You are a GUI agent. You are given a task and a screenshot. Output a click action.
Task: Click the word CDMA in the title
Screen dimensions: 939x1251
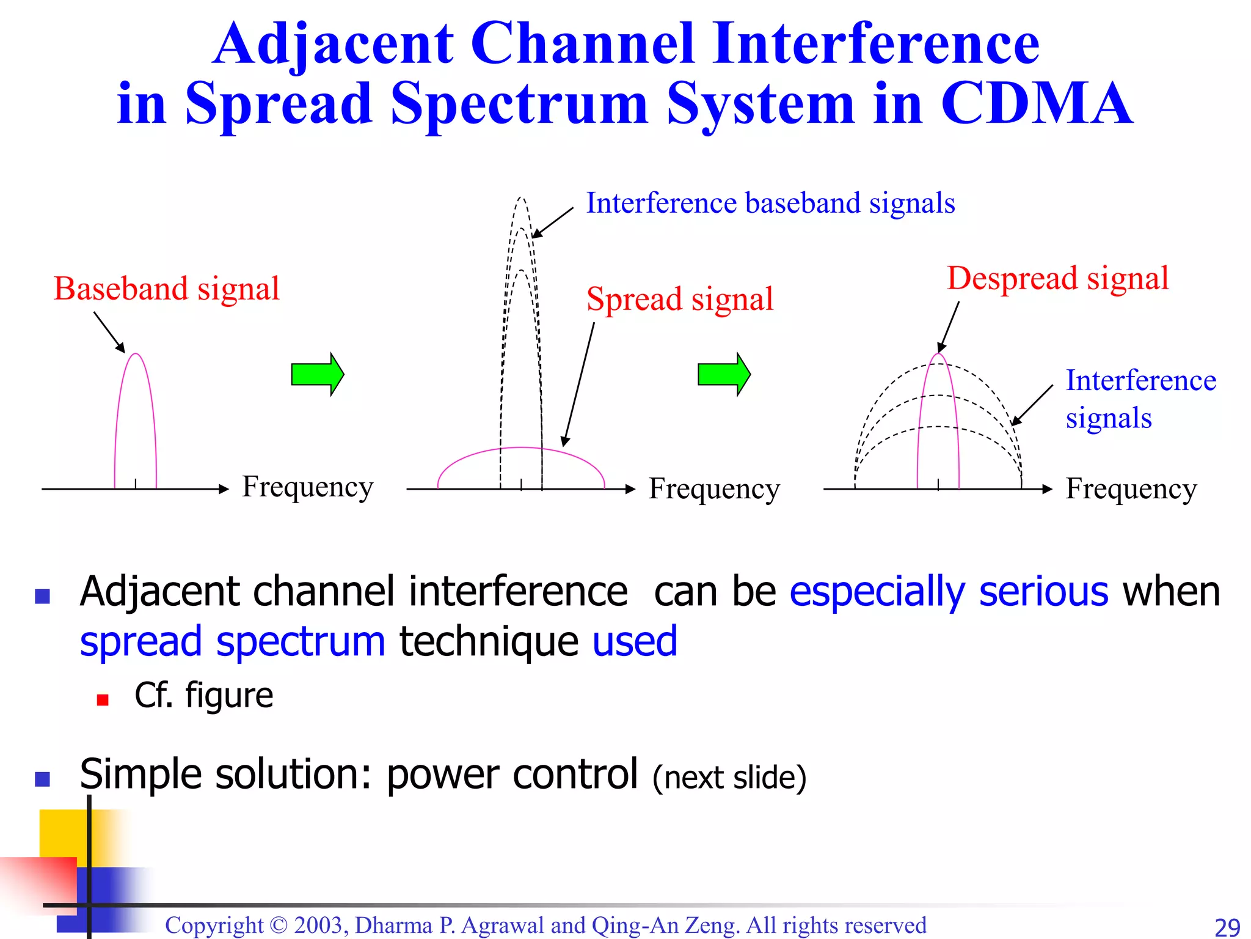(1037, 104)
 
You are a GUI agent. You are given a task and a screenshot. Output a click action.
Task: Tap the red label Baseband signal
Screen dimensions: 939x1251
(166, 289)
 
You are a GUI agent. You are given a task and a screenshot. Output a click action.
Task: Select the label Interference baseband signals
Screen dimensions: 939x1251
(770, 203)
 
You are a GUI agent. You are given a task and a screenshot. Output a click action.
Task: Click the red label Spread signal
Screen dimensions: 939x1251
(679, 300)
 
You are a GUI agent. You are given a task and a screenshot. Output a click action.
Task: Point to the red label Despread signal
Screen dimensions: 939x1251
(1057, 279)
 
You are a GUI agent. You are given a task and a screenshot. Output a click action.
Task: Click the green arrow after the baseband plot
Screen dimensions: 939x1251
(318, 374)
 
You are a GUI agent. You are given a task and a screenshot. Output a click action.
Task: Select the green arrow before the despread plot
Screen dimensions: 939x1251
(724, 374)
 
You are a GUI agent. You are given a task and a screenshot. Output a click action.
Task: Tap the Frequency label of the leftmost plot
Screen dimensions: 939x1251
(307, 487)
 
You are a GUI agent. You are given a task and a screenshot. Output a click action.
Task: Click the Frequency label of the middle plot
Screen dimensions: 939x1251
(714, 489)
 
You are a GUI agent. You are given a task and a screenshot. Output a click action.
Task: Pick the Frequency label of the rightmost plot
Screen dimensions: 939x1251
(1131, 489)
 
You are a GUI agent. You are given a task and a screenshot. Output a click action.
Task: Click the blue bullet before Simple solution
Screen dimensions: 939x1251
(42, 779)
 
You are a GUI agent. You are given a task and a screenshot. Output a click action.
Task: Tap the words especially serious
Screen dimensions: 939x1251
(949, 592)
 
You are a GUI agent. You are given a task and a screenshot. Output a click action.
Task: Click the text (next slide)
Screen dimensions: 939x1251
(729, 778)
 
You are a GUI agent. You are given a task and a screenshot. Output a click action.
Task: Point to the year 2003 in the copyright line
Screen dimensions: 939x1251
(320, 925)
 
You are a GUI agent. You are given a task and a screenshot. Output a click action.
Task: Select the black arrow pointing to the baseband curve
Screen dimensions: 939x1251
(109, 332)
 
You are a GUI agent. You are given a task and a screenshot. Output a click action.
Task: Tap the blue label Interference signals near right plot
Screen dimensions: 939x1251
(1140, 399)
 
